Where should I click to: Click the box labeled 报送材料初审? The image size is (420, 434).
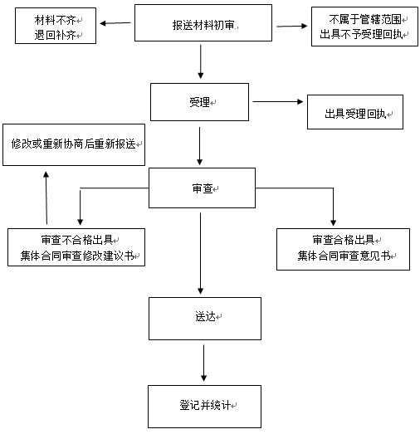pos(203,23)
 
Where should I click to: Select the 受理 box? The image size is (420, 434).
pos(199,102)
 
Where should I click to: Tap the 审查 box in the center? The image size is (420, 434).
pos(202,188)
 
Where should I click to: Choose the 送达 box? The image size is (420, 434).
pos(205,319)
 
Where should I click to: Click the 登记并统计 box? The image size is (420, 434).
pos(204,407)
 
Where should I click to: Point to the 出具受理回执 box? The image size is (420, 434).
pos(355,112)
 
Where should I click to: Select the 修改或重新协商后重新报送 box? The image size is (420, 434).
pos(74,144)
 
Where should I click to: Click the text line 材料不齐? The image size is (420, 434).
pos(55,20)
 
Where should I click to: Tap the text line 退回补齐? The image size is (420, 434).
pos(55,35)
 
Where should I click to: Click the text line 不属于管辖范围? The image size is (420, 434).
pos(365,19)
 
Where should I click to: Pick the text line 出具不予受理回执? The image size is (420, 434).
pos(361,34)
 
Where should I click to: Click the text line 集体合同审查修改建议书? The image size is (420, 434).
pos(77,256)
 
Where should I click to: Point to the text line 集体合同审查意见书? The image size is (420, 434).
pos(344,256)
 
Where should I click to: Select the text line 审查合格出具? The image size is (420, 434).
pos(344,240)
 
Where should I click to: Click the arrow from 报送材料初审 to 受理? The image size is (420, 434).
pos(201,61)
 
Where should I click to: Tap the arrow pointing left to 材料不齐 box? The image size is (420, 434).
pos(115,23)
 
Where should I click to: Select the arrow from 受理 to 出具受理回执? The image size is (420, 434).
pos(278,101)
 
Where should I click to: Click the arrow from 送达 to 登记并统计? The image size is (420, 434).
pos(203,363)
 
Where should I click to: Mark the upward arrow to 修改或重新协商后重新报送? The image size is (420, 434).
pos(46,197)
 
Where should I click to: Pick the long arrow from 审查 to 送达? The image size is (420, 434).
pos(200,254)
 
